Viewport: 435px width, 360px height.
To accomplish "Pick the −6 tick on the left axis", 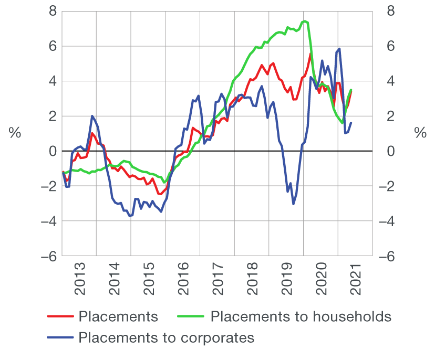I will coord(48,257).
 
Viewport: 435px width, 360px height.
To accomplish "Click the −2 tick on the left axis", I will coord(48,186).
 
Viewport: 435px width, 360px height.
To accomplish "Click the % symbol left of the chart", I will coord(15,133).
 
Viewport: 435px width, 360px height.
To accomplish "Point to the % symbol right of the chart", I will coord(420,133).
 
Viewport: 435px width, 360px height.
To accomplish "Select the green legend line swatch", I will coord(192,317).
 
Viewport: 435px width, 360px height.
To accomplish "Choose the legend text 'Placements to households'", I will coord(301,316).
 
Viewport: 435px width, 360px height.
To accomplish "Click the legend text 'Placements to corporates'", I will coord(166,337).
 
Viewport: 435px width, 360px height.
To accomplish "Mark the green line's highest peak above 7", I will coord(305,21).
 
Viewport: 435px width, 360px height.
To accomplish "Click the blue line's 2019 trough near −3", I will coord(293,204).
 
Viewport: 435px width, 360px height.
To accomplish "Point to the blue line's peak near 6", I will coord(340,49).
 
